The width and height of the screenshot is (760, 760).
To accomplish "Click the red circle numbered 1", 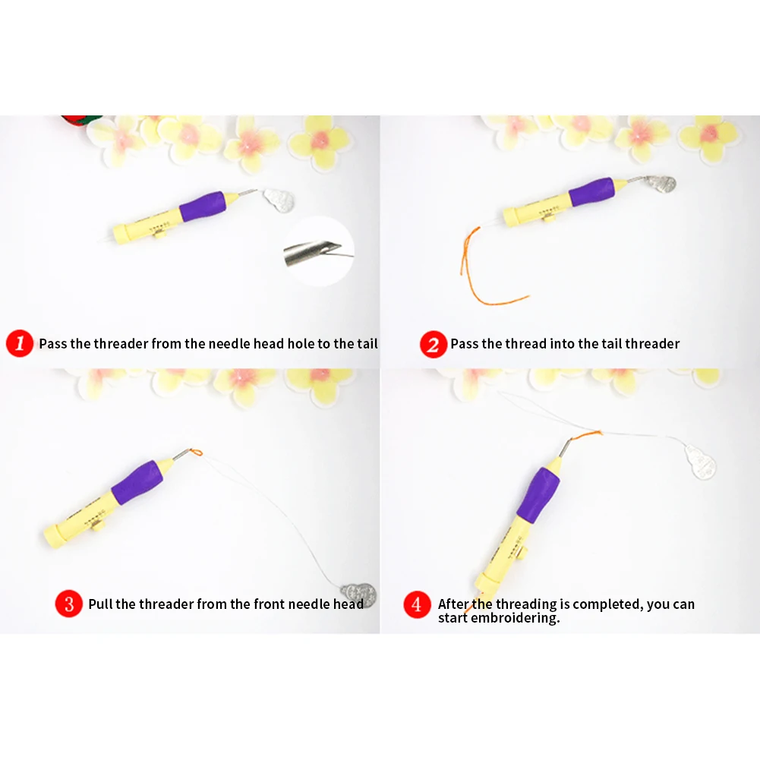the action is pyautogui.click(x=20, y=344).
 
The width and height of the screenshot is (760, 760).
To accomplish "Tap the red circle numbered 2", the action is pyautogui.click(x=434, y=344).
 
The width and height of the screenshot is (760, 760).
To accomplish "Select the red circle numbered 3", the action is pyautogui.click(x=69, y=604).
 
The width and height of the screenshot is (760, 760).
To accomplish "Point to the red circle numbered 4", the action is pyautogui.click(x=417, y=604).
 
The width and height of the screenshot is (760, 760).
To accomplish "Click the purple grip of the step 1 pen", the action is pyautogui.click(x=203, y=207).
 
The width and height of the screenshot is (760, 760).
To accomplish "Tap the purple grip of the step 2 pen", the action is pyautogui.click(x=591, y=192).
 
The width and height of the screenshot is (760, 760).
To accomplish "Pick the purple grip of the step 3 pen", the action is pyautogui.click(x=137, y=483).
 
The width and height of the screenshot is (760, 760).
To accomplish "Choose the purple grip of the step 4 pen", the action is pyautogui.click(x=538, y=494).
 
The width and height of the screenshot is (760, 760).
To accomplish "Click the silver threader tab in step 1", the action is pyautogui.click(x=279, y=200).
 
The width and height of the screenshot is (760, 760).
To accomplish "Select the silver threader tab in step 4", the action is pyautogui.click(x=700, y=462).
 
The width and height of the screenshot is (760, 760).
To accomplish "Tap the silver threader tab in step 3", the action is pyautogui.click(x=358, y=594).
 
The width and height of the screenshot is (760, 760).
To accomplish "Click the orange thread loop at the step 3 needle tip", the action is pyautogui.click(x=197, y=453).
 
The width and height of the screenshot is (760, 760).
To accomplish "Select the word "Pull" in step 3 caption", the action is pyautogui.click(x=100, y=604).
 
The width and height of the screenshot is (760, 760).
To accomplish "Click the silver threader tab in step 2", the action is pyautogui.click(x=660, y=183).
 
